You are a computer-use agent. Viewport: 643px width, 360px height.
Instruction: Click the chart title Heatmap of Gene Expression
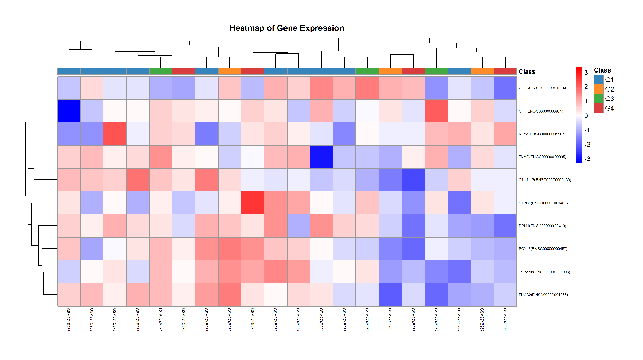point(287,28)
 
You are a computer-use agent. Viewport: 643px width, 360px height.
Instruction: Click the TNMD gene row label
point(543,157)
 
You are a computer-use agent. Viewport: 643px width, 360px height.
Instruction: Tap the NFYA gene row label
point(543,134)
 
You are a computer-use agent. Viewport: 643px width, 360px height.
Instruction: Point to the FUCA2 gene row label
point(543,295)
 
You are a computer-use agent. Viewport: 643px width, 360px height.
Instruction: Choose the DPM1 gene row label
point(543,226)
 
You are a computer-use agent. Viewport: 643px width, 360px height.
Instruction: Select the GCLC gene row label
point(543,88)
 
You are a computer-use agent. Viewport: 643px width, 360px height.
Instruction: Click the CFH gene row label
point(543,111)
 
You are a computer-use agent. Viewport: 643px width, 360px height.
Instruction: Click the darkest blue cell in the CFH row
point(68,111)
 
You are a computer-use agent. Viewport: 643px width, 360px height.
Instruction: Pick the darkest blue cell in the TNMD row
point(321,157)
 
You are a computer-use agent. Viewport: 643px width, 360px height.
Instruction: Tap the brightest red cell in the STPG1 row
point(253,203)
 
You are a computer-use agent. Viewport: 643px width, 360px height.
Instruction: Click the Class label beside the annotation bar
point(527,71)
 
